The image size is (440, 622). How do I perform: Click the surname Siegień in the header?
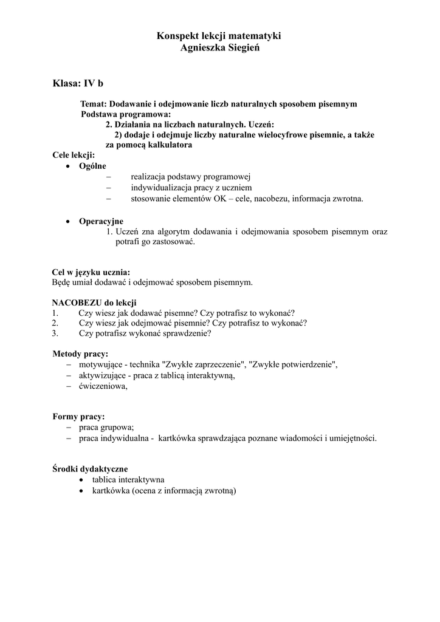tap(242, 48)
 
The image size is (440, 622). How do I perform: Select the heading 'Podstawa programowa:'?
tap(126, 114)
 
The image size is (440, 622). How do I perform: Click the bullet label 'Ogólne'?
tap(92, 166)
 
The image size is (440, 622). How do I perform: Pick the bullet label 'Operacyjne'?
tap(101, 221)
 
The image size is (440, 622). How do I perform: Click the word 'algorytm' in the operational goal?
tap(179, 231)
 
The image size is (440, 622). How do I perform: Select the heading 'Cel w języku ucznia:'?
tap(91, 272)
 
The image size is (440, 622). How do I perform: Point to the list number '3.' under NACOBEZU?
tap(55, 333)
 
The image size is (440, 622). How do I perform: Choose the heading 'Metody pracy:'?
tap(80, 354)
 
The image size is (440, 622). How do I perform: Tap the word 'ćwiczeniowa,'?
tap(103, 386)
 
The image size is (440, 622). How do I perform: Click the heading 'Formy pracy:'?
tap(78, 417)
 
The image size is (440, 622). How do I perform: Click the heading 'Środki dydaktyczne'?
tap(89, 469)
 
